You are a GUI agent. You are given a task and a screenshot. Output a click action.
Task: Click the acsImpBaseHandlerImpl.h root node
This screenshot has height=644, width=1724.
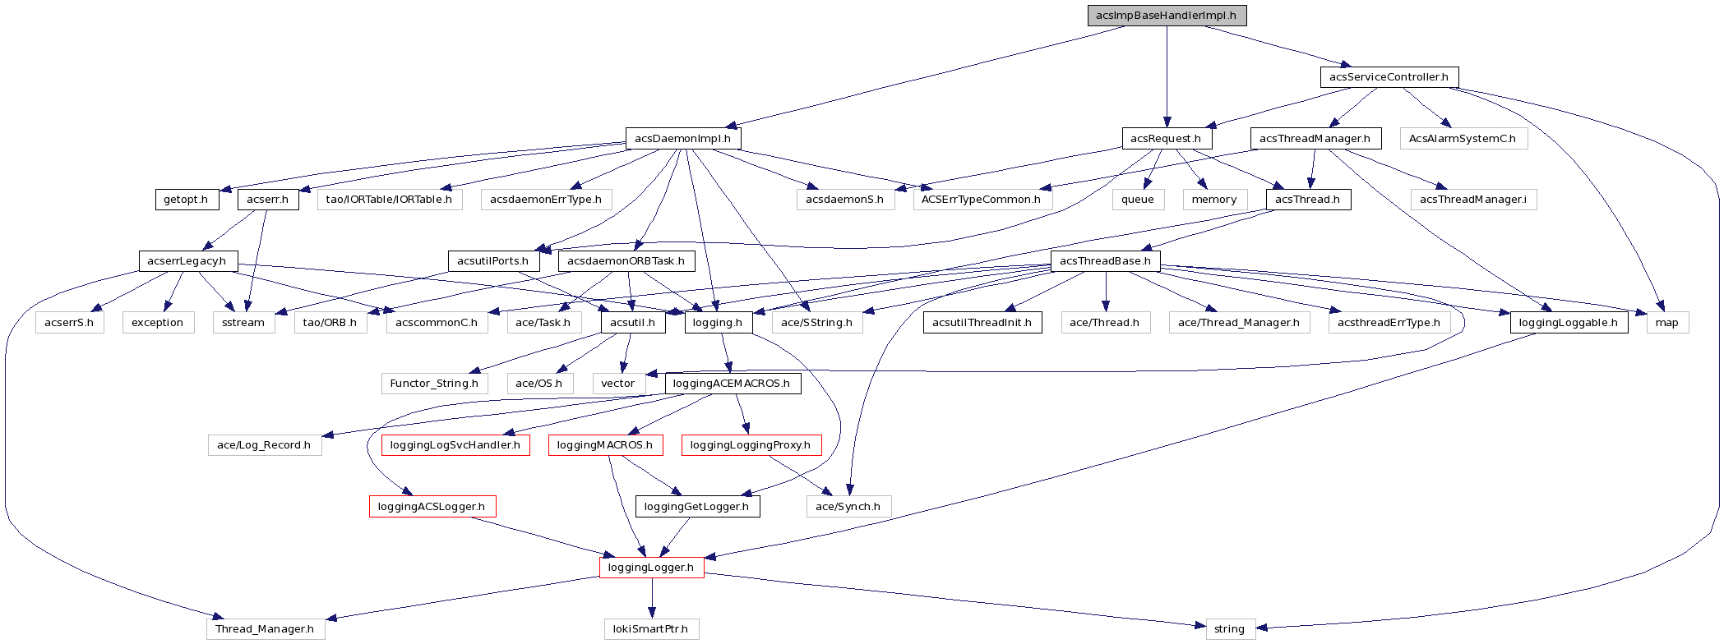pyautogui.click(x=1167, y=16)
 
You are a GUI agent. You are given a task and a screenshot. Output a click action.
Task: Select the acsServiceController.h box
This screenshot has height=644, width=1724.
pyautogui.click(x=1389, y=77)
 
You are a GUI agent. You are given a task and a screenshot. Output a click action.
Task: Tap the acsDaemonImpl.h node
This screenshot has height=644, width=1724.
pyautogui.click(x=682, y=139)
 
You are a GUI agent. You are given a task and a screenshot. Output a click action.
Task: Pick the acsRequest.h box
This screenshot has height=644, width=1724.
pyautogui.click(x=1166, y=139)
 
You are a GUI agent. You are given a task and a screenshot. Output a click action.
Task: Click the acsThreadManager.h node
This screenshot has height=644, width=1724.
pyautogui.click(x=1315, y=139)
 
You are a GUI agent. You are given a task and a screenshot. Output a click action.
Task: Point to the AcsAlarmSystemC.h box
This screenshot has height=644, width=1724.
pyautogui.click(x=1463, y=139)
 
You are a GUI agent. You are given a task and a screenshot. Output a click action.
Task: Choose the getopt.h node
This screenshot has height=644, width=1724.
pyautogui.click(x=186, y=200)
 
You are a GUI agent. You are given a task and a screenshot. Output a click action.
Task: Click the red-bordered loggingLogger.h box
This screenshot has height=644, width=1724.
pyautogui.click(x=651, y=568)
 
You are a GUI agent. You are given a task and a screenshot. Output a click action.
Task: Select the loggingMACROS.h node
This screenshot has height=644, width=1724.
pyautogui.click(x=605, y=445)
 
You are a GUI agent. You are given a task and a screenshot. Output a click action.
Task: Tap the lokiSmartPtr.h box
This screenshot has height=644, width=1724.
pyautogui.click(x=651, y=629)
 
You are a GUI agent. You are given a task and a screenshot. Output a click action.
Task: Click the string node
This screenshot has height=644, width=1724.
pyautogui.click(x=1230, y=629)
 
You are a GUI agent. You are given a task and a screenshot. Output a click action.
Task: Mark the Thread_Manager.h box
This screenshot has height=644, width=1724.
pyautogui.click(x=265, y=629)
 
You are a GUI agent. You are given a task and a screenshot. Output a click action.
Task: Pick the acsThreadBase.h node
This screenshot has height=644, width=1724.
pyautogui.click(x=1105, y=261)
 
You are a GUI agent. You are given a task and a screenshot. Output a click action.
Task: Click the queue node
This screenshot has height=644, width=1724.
pyautogui.click(x=1138, y=200)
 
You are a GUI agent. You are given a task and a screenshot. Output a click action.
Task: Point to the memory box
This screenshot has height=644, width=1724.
pyautogui.click(x=1214, y=200)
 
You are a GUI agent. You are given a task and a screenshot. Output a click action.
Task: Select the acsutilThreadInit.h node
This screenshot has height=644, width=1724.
pyautogui.click(x=982, y=323)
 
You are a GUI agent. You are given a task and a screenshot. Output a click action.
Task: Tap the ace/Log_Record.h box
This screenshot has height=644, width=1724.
pyautogui.click(x=264, y=445)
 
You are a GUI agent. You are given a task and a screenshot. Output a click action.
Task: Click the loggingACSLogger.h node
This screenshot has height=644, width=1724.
pyautogui.click(x=432, y=507)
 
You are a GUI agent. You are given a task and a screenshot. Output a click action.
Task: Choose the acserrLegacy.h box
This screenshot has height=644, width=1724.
pyautogui.click(x=187, y=261)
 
